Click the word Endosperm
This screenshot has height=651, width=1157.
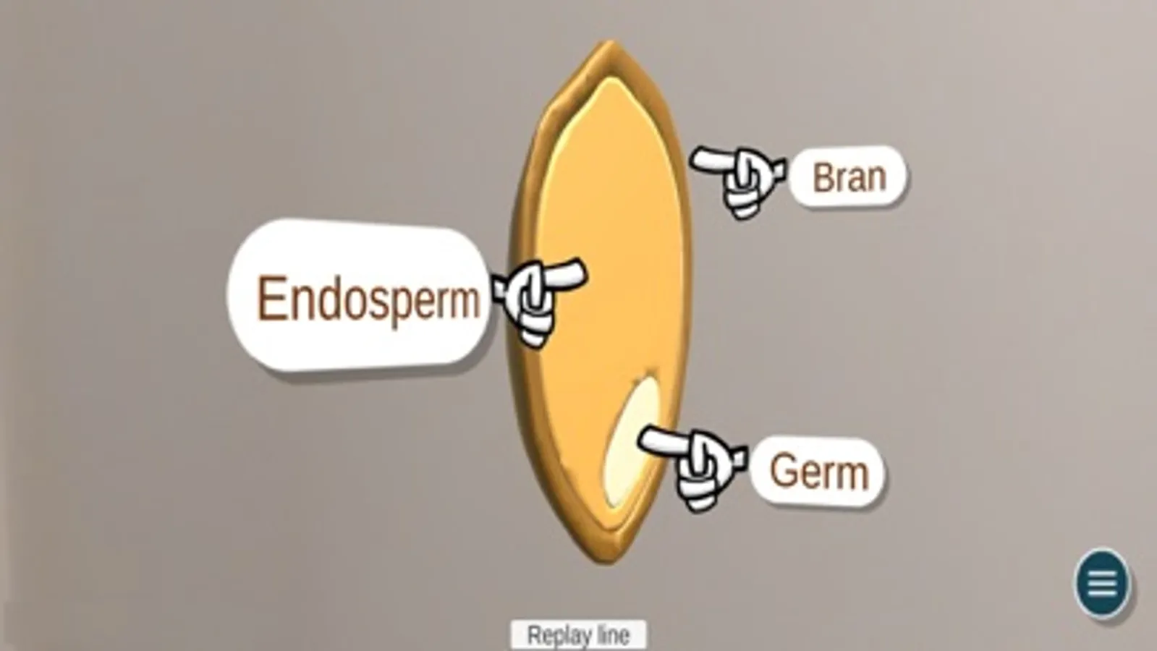pos(368,299)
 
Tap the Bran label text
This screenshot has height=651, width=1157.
pos(849,177)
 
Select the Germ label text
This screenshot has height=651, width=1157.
pos(818,472)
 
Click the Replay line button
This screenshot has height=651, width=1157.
pos(578,635)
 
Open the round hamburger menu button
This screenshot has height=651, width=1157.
pos(1102,583)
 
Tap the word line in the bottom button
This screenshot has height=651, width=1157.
pos(613,635)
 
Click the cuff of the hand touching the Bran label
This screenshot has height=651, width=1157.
pos(778,171)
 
